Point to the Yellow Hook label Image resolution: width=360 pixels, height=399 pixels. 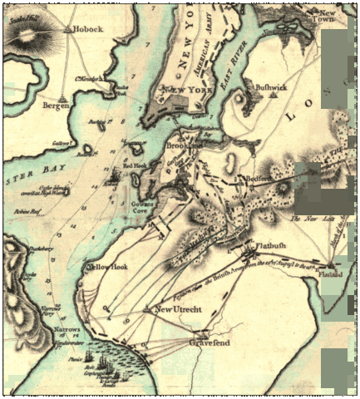tap(106, 267)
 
